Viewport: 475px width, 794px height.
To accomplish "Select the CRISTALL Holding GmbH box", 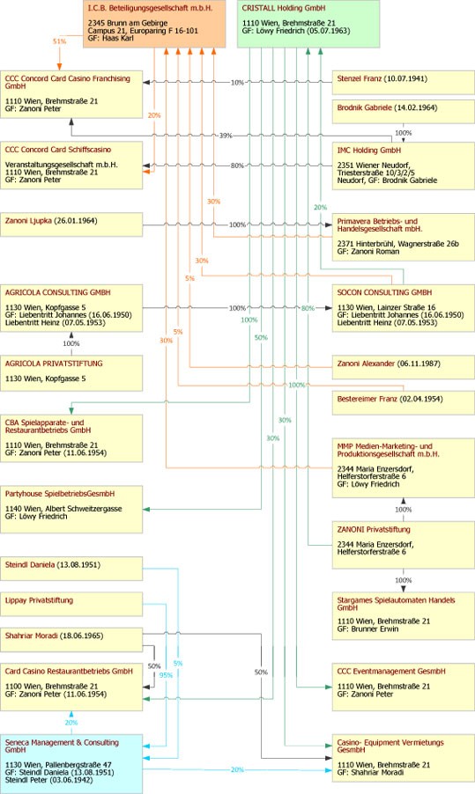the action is click(x=308, y=24).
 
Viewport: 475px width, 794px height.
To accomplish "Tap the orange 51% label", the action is click(x=60, y=41).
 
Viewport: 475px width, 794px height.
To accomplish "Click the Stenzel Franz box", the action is click(x=404, y=83).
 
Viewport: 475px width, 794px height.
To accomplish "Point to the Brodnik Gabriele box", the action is click(x=404, y=112).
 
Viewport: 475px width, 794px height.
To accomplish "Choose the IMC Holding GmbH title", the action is click(x=369, y=151).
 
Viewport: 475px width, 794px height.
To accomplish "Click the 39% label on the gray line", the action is click(x=226, y=136).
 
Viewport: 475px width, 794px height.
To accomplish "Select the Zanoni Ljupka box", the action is click(x=71, y=224).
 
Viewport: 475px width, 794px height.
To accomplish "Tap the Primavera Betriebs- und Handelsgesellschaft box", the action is click(x=404, y=237).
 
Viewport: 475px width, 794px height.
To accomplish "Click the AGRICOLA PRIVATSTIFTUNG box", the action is click(x=71, y=373).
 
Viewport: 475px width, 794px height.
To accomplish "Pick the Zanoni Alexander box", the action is click(x=404, y=367).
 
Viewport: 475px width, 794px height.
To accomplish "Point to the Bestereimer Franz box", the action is click(x=404, y=402).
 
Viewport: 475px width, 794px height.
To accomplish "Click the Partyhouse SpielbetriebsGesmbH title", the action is click(x=60, y=494).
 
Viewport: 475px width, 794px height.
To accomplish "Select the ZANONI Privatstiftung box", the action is click(x=404, y=546).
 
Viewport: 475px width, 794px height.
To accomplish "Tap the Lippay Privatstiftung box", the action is click(x=71, y=604).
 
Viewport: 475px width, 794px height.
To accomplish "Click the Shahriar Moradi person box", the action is click(x=71, y=640).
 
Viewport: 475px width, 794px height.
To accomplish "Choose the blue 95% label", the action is click(x=166, y=675).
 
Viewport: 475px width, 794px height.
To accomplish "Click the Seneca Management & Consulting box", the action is click(x=71, y=764).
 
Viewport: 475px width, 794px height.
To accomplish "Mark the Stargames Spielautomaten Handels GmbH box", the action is click(x=404, y=616).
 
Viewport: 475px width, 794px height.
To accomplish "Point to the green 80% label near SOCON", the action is click(x=308, y=308).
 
